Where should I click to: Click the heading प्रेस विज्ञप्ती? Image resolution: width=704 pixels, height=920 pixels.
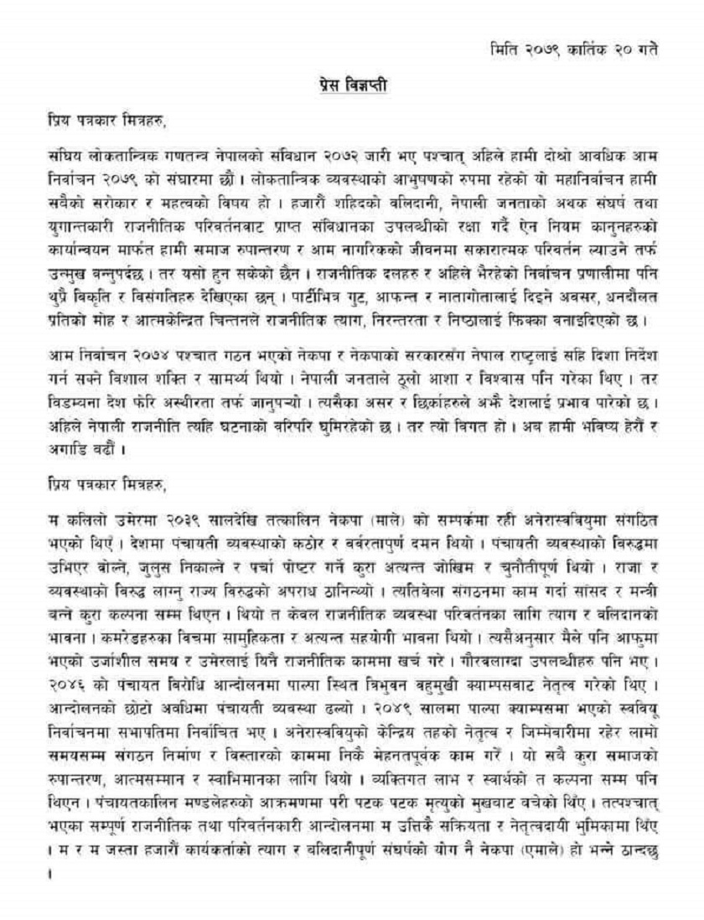pos(352,85)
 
